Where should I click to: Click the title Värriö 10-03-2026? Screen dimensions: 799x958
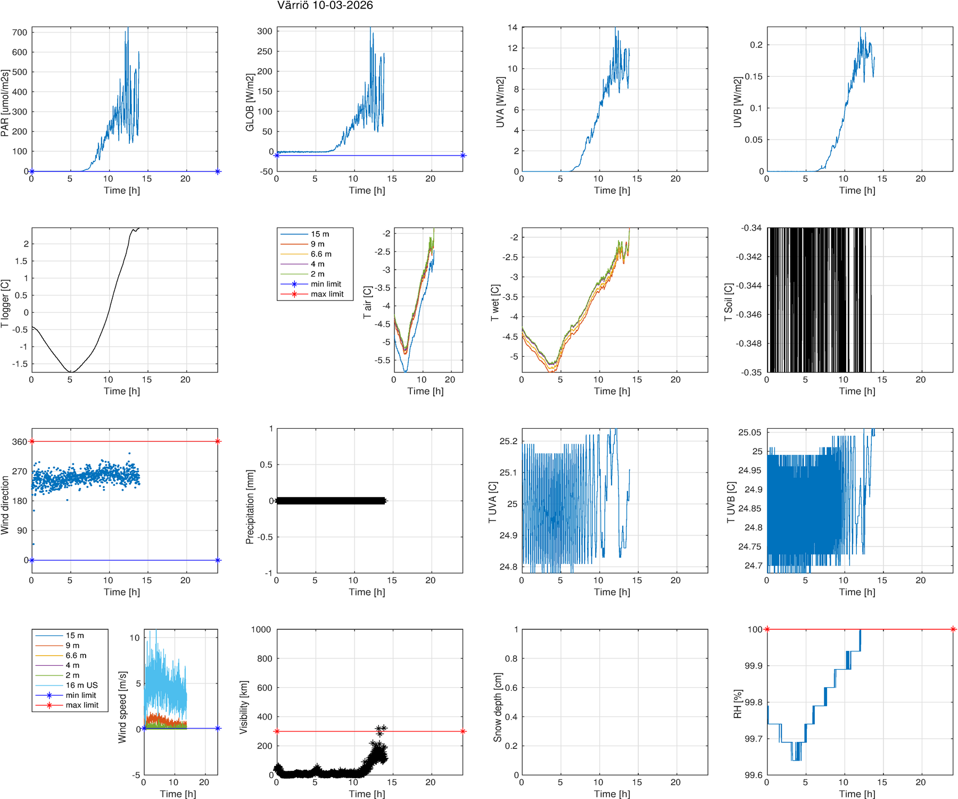pyautogui.click(x=325, y=6)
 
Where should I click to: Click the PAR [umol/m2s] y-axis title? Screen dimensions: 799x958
pyautogui.click(x=5, y=103)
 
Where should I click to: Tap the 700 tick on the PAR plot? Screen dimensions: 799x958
pyautogui.click(x=20, y=32)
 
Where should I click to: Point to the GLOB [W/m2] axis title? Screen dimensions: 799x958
pyautogui.click(x=250, y=103)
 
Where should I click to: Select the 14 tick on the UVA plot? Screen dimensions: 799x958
pyautogui.click(x=512, y=28)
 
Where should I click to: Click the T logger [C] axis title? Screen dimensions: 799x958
pyautogui.click(x=5, y=304)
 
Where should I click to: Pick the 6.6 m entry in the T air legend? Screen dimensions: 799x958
pyautogui.click(x=321, y=254)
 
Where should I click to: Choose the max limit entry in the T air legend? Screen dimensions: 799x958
pyautogui.click(x=327, y=294)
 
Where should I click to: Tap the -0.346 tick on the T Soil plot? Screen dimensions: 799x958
pyautogui.click(x=748, y=314)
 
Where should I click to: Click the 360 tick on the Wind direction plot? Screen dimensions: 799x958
pyautogui.click(x=20, y=442)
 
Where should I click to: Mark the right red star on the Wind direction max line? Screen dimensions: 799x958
pyautogui.click(x=218, y=442)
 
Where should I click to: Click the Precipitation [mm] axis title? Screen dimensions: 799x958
pyautogui.click(x=250, y=507)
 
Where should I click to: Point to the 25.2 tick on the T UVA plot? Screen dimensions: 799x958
pyautogui.click(x=508, y=441)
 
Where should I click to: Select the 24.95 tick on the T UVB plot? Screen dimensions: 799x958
pyautogui.click(x=749, y=470)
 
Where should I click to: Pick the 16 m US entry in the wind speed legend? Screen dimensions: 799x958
pyautogui.click(x=81, y=685)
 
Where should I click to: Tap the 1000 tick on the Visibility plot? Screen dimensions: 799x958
pyautogui.click(x=261, y=630)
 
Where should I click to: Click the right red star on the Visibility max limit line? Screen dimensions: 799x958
pyautogui.click(x=463, y=731)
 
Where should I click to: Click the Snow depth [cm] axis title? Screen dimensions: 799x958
pyautogui.click(x=498, y=707)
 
